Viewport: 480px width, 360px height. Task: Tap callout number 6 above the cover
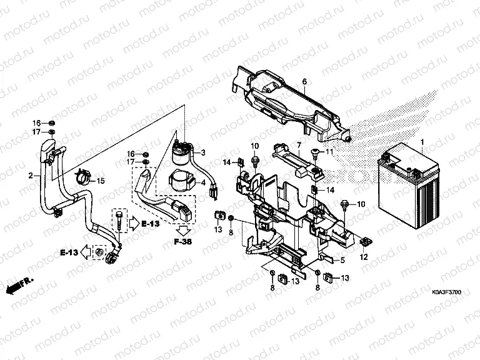[x=304, y=82]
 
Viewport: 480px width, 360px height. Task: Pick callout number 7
[x=299, y=146]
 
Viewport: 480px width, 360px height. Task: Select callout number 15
[x=100, y=181]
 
